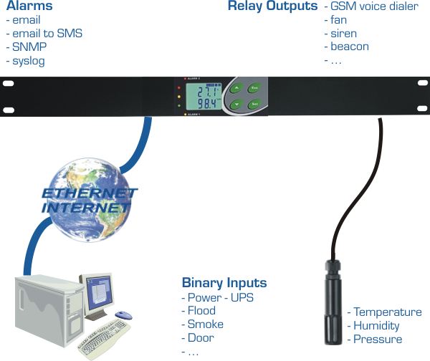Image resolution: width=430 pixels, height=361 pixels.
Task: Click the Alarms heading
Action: [x=29, y=6]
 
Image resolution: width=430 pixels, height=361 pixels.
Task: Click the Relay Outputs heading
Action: [x=272, y=6]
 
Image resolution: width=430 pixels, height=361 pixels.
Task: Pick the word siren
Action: [x=343, y=34]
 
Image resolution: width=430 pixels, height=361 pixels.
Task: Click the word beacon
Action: [x=350, y=47]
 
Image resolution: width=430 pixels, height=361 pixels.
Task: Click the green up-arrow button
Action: [x=235, y=89]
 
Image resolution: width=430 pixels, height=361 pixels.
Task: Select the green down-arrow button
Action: [x=235, y=105]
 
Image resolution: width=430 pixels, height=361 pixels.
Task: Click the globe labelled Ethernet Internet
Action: [x=86, y=197]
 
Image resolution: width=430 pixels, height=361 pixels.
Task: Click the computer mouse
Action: [x=123, y=315]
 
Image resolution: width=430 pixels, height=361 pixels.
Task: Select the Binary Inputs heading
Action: [x=224, y=283]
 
